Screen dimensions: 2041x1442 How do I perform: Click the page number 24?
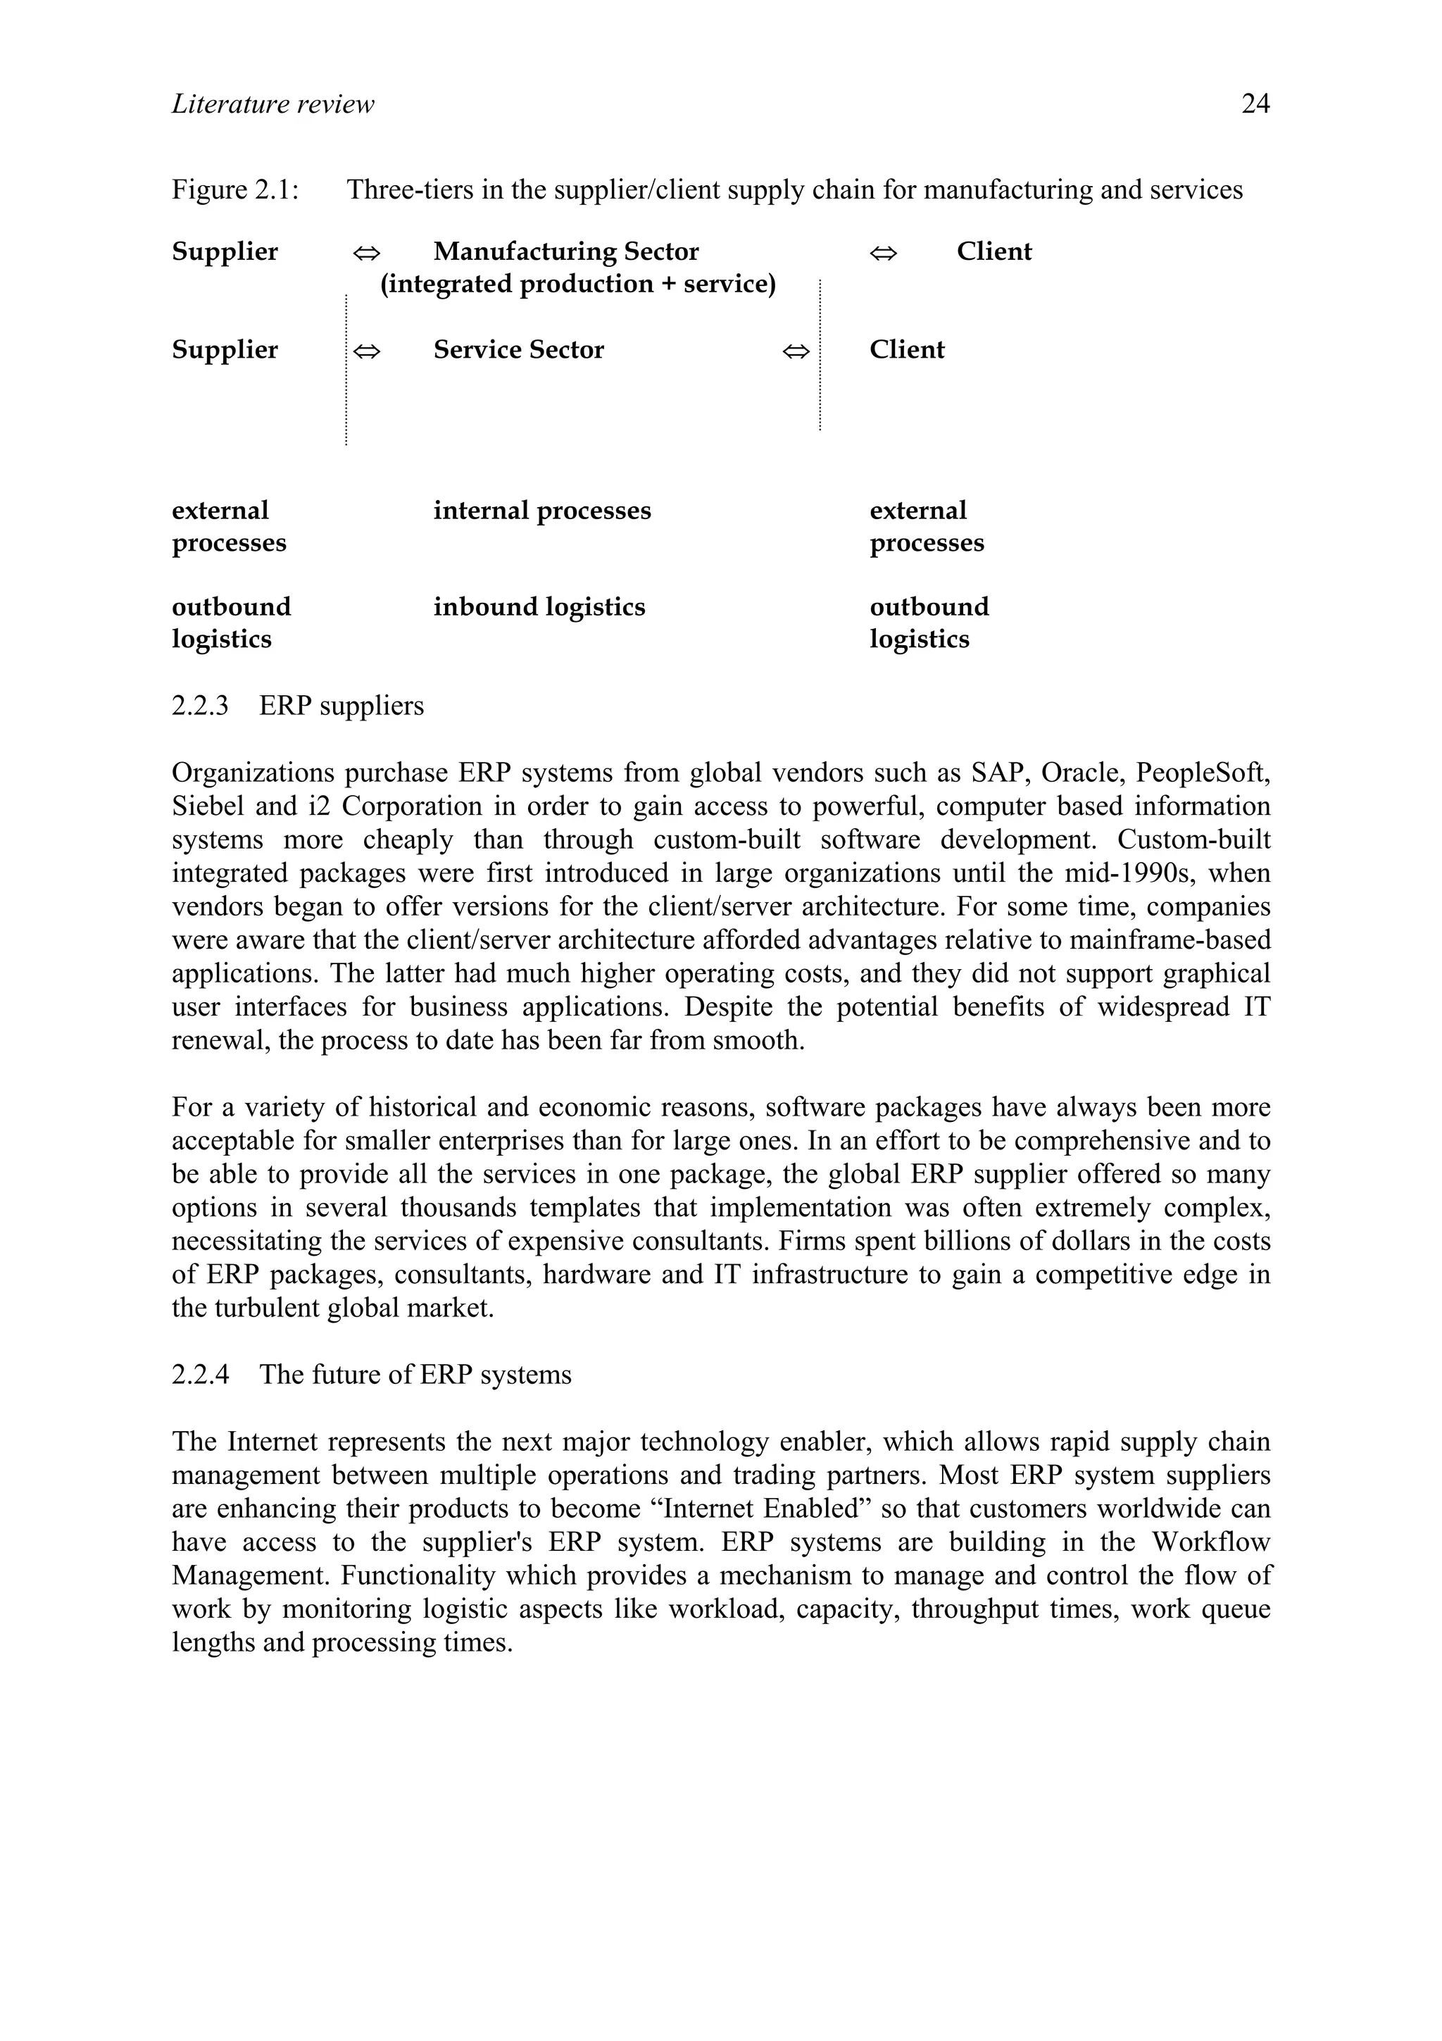1255,104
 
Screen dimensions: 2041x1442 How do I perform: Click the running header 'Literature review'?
272,104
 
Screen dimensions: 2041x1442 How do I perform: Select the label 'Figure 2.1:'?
234,189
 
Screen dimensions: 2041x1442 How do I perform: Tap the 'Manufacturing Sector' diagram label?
566,251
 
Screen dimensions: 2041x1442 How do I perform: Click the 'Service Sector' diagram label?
518,349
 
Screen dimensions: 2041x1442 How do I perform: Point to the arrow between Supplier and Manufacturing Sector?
366,254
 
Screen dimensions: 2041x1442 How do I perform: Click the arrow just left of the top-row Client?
883,254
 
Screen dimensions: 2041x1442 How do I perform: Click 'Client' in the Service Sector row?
906,349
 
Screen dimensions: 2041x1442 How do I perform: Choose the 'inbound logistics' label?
539,606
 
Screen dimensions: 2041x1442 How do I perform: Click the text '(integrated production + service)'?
577,285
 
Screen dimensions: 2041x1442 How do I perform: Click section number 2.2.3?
200,706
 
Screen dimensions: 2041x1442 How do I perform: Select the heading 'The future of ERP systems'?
415,1374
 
